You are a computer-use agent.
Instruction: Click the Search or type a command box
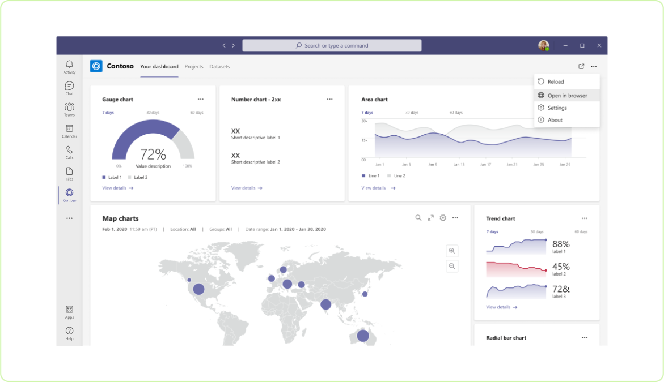[x=332, y=45]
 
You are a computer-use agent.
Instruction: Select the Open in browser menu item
[x=566, y=96]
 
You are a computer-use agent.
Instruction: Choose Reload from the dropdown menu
[x=555, y=82]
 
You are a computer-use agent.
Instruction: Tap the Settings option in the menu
[x=557, y=108]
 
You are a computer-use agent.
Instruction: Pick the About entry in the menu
[x=555, y=120]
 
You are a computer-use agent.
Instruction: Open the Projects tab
[x=194, y=67]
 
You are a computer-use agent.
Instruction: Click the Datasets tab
[x=219, y=67]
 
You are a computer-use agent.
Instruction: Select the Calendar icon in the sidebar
[x=69, y=131]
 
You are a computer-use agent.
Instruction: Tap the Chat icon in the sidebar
[x=69, y=88]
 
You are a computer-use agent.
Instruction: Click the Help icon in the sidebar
[x=69, y=333]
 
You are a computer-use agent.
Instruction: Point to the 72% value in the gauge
[x=153, y=154]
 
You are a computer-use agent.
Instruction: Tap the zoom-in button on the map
[x=452, y=251]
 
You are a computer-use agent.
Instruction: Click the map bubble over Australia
[x=363, y=336]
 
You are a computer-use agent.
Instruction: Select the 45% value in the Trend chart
[x=561, y=267]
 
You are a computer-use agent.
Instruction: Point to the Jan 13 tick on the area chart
[x=459, y=165]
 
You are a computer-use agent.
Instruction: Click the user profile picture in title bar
[x=543, y=45]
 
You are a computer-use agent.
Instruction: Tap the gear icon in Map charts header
[x=443, y=218]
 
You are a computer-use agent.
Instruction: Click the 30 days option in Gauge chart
[x=153, y=113]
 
